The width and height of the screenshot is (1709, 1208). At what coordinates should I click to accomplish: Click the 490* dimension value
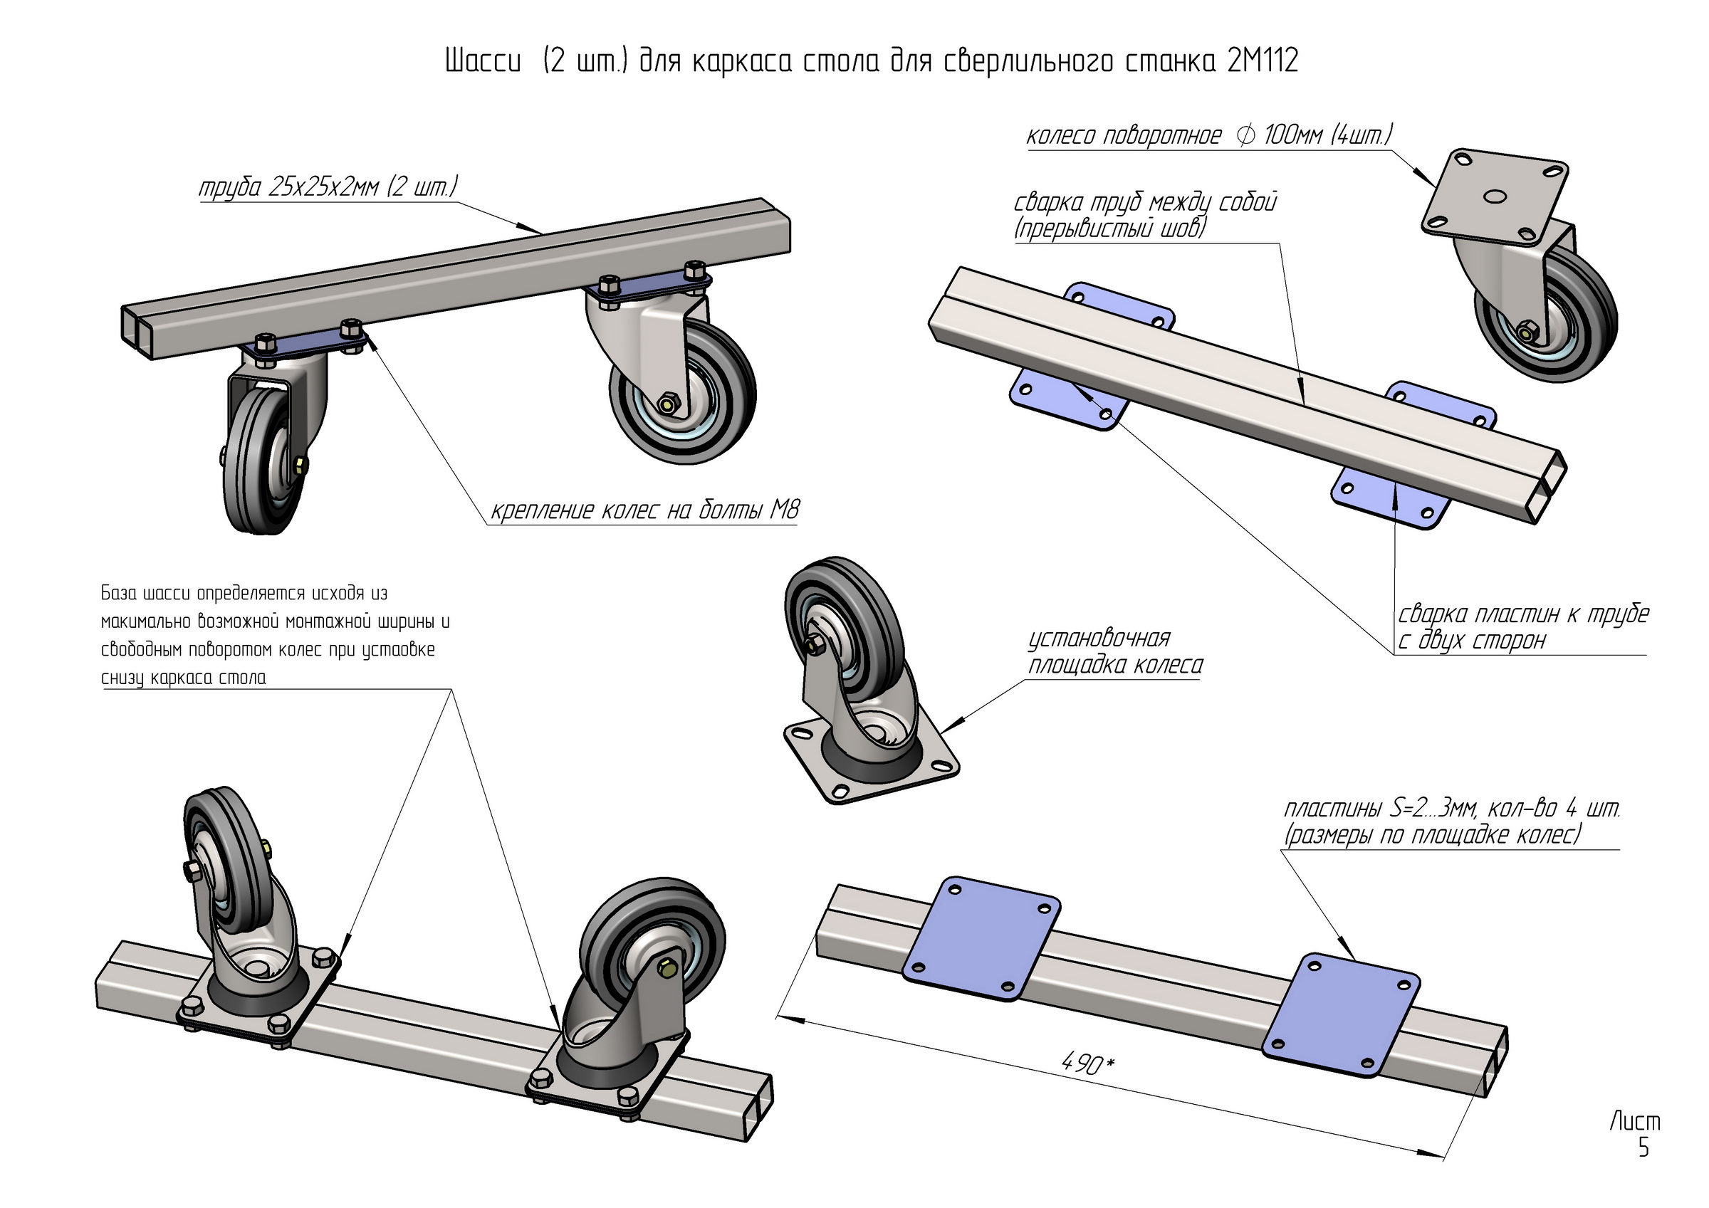click(1087, 1064)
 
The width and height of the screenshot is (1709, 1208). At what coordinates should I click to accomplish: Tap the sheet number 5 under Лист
click(1643, 1148)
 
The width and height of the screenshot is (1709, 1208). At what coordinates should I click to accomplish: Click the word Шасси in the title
click(482, 61)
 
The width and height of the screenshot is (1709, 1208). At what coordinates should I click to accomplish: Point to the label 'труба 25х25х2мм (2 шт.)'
click(328, 187)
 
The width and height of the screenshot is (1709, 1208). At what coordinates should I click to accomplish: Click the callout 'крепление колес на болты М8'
click(644, 510)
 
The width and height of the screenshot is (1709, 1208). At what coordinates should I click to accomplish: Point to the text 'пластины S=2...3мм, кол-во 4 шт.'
click(1451, 809)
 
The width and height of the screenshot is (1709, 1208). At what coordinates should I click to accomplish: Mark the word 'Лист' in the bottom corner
click(1634, 1121)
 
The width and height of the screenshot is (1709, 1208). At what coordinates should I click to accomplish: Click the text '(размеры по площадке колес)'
click(1432, 836)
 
